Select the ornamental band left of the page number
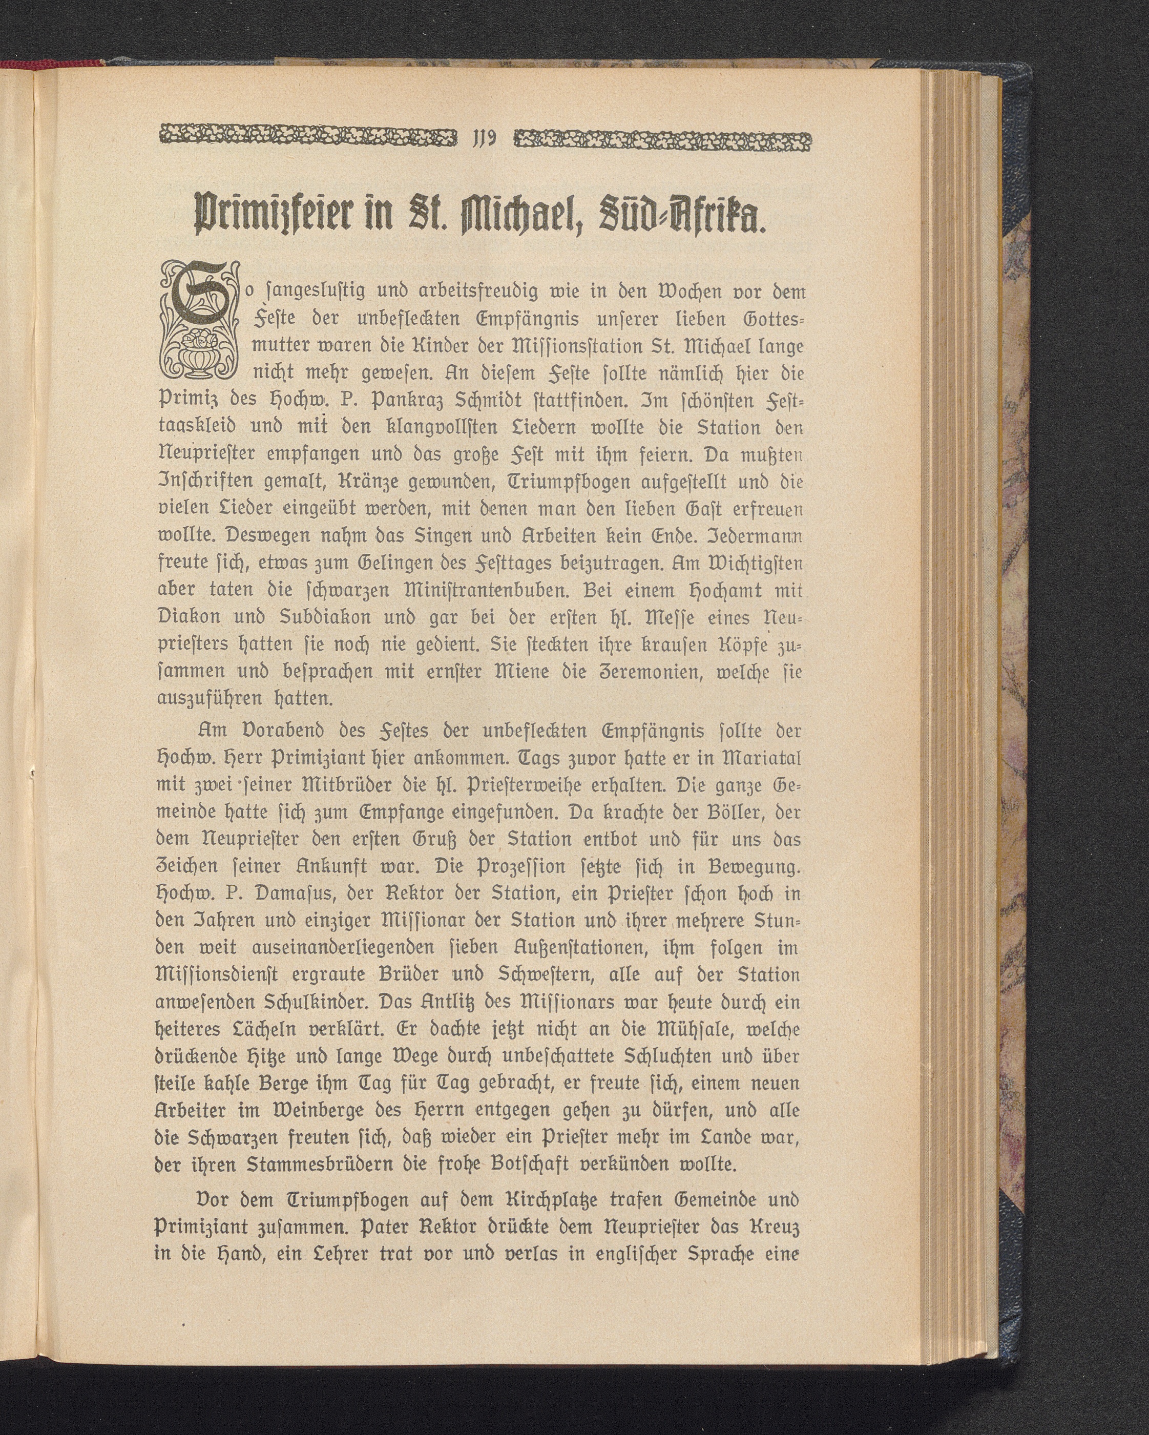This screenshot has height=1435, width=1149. point(309,140)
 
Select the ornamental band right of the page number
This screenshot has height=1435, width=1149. point(664,140)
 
